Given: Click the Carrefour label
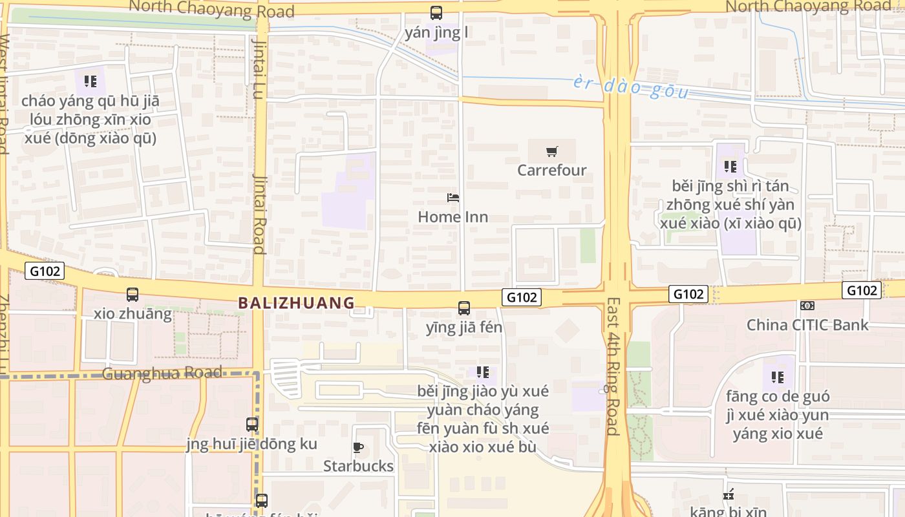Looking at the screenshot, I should [x=551, y=170].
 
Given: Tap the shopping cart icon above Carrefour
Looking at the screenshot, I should [x=551, y=152].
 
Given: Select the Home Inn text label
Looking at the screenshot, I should [x=452, y=216].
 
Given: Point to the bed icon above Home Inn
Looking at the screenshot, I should [x=453, y=197].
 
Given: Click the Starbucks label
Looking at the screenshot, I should [x=358, y=465].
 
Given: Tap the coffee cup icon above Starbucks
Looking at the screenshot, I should [x=358, y=447].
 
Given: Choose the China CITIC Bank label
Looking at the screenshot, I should [x=807, y=324].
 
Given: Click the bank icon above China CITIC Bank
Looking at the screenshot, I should [x=807, y=306].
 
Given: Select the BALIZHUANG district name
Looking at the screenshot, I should [x=297, y=302].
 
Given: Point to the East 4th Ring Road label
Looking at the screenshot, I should [x=613, y=366].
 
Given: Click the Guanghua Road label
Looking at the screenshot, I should [x=162, y=373].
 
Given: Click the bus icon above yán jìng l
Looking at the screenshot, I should [x=436, y=12].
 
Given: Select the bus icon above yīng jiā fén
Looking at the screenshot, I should [x=464, y=308].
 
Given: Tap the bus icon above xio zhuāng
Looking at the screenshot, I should [x=133, y=295].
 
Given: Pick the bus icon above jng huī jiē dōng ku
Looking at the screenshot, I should [x=252, y=425].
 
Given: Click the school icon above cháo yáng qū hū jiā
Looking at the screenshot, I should [x=90, y=81].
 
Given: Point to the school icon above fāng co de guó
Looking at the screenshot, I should [x=778, y=377].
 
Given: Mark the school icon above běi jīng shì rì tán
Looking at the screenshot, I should [x=730, y=167].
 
